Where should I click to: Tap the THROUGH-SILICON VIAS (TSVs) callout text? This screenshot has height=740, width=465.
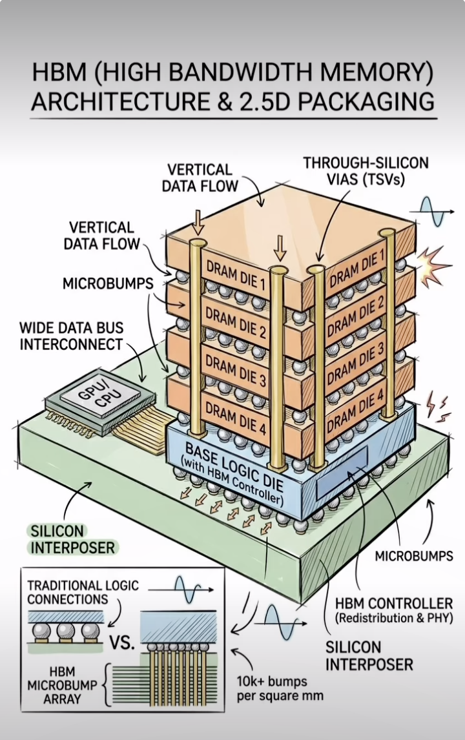366,171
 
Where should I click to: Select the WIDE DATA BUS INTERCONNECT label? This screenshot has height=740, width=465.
71,336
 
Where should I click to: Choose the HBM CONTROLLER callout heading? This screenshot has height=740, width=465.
394,603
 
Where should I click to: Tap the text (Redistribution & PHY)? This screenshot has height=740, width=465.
394,618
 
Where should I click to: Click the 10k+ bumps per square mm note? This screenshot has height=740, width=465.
280,688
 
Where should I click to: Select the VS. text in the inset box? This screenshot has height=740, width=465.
122,642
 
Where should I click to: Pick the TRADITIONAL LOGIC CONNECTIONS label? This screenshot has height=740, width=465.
83,592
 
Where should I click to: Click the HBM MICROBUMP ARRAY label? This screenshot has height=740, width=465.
62,684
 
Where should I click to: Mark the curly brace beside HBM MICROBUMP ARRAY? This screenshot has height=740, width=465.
108,684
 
